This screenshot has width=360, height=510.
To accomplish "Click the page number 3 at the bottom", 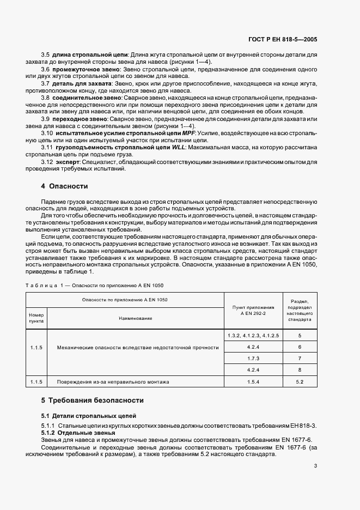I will (x=315, y=465).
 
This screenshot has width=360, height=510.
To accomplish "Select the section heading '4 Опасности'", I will (x=64, y=186).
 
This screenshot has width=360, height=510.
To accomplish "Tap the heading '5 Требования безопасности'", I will (x=92, y=400).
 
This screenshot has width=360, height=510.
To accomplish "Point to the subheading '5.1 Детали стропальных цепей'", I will (x=82, y=416).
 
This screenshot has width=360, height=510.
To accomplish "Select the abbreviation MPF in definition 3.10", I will (x=188, y=132).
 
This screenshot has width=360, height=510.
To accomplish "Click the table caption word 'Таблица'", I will (x=42, y=286).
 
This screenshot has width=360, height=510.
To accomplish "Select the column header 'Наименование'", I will (x=136, y=318).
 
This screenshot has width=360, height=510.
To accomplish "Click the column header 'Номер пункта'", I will (x=36, y=318).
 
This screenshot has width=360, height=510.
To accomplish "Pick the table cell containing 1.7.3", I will (x=253, y=359).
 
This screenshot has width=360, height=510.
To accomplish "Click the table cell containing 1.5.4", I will (x=253, y=382).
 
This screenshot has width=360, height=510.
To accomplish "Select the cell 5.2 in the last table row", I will (x=299, y=382).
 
